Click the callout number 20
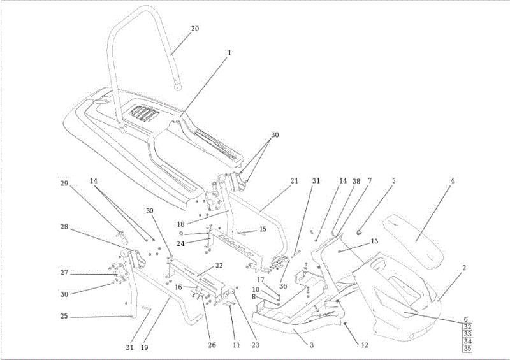coord(195,29)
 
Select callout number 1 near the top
coord(229,52)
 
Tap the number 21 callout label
coord(294,180)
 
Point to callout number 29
coord(64,183)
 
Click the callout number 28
coord(64,226)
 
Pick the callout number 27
coord(64,273)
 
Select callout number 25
coord(64,316)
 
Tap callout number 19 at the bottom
coord(145,347)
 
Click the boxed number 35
coord(467,349)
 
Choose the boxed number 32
coord(467,327)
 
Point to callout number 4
coord(452,180)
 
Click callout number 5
coord(393,180)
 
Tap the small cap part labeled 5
coord(360,232)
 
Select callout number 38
coord(356,181)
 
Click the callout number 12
coord(365,345)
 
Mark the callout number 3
coord(312,345)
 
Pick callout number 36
coord(283,285)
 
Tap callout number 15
coord(263,229)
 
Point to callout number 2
coord(464,268)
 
